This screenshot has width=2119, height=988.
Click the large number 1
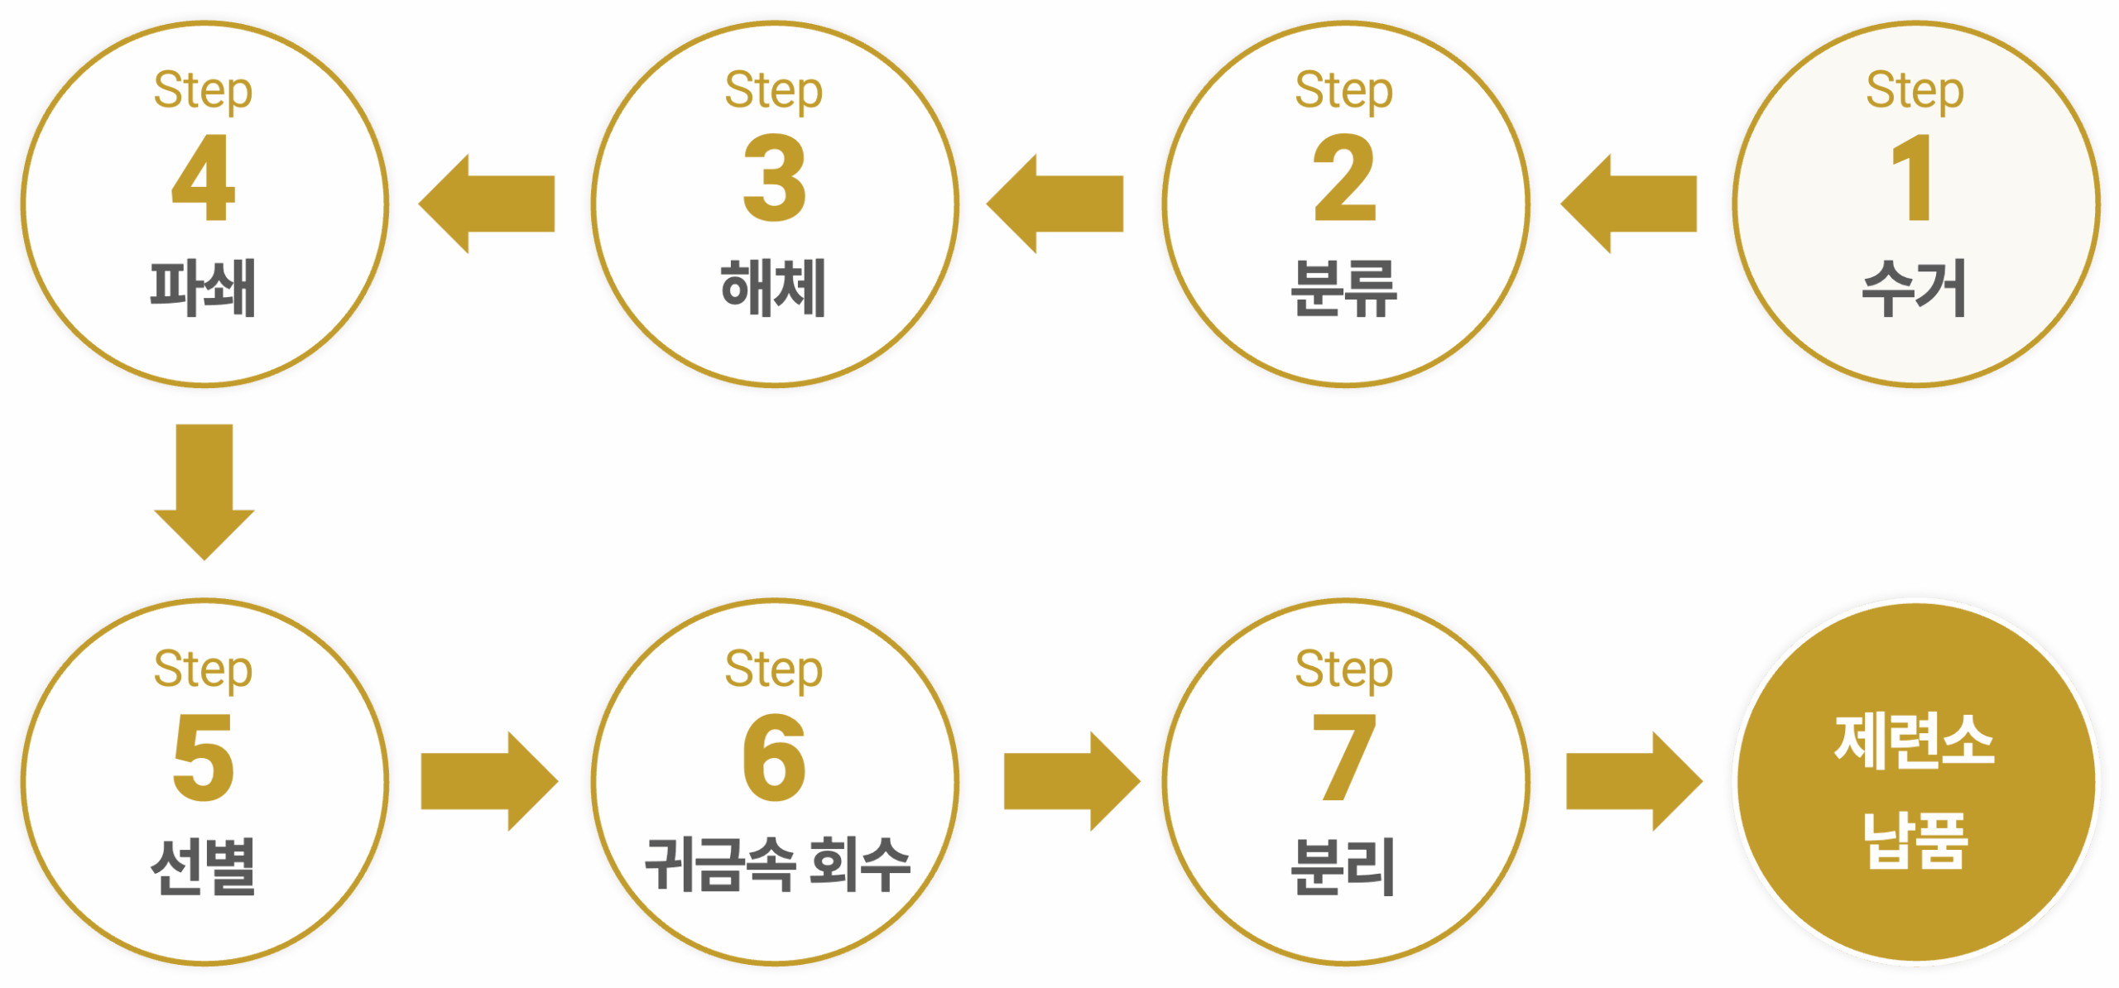[x=1914, y=178]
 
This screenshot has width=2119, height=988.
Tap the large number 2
[x=1344, y=178]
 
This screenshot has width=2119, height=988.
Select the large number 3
[x=774, y=178]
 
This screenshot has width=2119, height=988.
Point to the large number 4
[x=204, y=178]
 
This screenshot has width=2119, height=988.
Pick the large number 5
[x=204, y=757]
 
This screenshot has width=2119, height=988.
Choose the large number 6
[x=774, y=757]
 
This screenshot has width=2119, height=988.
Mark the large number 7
[x=1344, y=757]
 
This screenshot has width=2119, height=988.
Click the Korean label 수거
[x=1914, y=288]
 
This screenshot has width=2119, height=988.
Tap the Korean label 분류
[x=1344, y=288]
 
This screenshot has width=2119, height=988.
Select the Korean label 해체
[x=774, y=288]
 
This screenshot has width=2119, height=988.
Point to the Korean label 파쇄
[x=204, y=288]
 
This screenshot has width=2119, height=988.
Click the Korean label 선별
[x=204, y=866]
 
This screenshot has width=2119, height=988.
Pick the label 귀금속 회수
[x=776, y=865]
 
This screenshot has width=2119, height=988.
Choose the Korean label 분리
[x=1344, y=866]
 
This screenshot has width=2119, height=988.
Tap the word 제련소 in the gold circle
[x=1914, y=741]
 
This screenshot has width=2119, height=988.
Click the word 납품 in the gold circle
[x=1914, y=840]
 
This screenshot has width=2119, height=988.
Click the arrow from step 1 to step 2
[x=1627, y=204]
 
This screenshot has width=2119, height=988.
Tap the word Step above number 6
[x=774, y=669]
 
